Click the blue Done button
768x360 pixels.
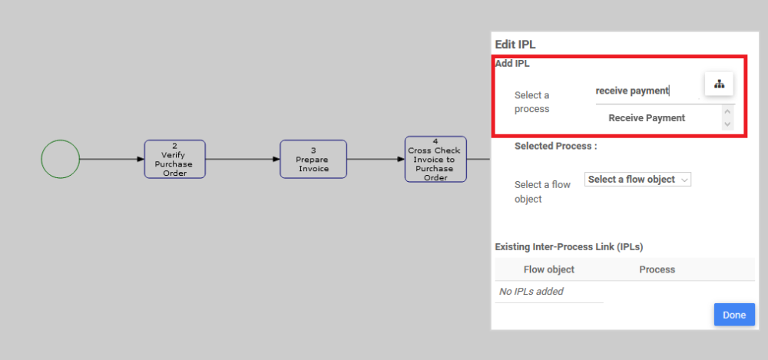[x=734, y=315]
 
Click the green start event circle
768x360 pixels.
[x=60, y=159]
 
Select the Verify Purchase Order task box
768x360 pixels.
[x=175, y=159]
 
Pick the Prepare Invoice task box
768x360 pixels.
[x=313, y=159]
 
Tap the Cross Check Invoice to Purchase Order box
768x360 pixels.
[x=435, y=159]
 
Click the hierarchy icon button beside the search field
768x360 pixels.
[x=719, y=84]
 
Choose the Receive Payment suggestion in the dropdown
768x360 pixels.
[x=647, y=117]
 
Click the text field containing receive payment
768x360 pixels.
[x=645, y=91]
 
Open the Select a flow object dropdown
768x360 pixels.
[x=638, y=179]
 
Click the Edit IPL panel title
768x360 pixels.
[x=521, y=45]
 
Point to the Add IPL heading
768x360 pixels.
[x=512, y=64]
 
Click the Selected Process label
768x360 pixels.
[x=555, y=146]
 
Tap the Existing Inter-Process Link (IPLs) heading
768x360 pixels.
[x=569, y=246]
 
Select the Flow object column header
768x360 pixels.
[x=549, y=269]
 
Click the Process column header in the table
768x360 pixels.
[x=657, y=269]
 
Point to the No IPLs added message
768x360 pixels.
[x=531, y=291]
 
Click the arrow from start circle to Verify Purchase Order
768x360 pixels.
[x=111, y=159]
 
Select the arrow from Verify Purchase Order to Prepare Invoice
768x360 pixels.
[x=243, y=159]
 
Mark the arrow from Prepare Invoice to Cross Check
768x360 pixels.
[x=376, y=159]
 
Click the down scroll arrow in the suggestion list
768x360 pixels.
[x=727, y=124]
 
